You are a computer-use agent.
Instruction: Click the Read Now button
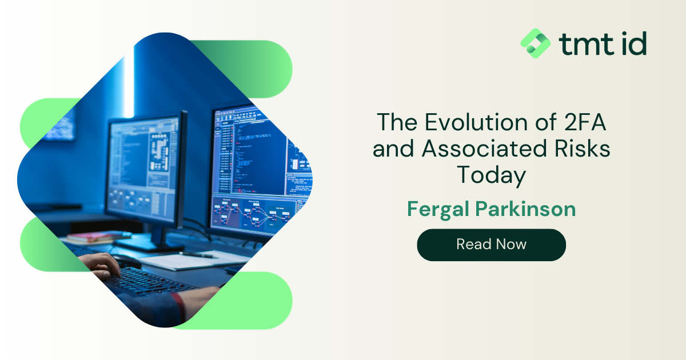pos(491,245)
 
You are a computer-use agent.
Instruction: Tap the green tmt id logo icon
pos(535,43)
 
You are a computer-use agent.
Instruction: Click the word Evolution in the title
pos(475,122)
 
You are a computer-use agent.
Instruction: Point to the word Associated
pos(484,149)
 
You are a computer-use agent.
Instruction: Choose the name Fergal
pos(438,209)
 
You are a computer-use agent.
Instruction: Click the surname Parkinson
pos(525,209)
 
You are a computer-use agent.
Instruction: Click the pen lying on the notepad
pos(198,255)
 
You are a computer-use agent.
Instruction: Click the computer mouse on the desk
pos(126,261)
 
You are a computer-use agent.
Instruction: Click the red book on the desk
pos(98,236)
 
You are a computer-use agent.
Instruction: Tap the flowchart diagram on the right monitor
pos(253,213)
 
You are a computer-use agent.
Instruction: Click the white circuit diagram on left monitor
pos(159,151)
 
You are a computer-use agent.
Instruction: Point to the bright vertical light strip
pos(129,83)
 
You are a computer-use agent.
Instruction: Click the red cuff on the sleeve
pos(179,307)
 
